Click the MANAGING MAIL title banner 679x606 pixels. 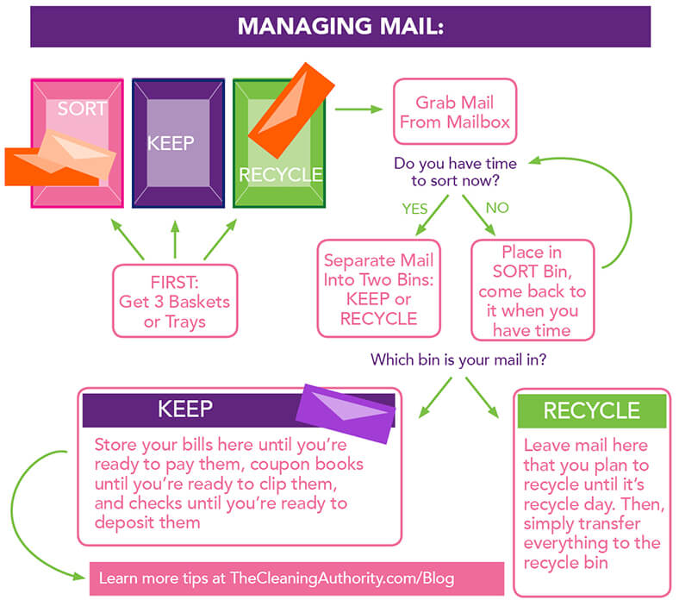tap(339, 26)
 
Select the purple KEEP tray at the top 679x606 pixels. tap(178, 143)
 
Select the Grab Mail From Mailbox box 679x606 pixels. tap(454, 111)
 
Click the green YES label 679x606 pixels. tap(414, 209)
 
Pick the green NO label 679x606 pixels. tap(497, 209)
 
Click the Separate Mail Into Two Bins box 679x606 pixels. tap(379, 288)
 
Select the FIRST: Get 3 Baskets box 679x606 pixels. tap(176, 300)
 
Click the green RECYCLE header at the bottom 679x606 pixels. tap(591, 411)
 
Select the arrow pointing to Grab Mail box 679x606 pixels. tap(358, 109)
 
